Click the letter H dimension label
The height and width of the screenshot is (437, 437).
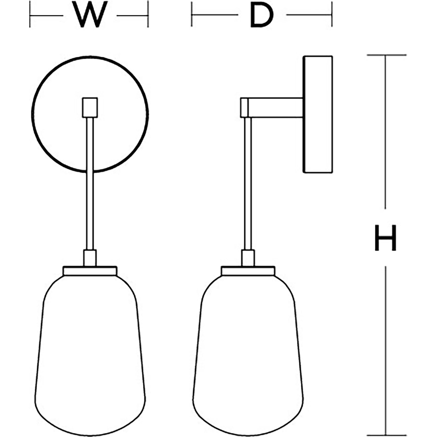385,238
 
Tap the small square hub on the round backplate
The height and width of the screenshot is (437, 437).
90,108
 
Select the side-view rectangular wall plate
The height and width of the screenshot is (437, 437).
318,114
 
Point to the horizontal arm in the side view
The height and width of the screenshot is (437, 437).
275,108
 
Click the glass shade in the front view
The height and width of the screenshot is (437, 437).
90,353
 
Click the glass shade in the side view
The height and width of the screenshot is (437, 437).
248,353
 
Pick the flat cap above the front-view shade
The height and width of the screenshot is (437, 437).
90,271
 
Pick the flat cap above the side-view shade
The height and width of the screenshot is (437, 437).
248,271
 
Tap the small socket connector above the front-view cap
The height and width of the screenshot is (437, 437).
90,258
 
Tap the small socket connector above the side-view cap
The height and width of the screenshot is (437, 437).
248,258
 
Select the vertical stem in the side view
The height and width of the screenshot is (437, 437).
248,184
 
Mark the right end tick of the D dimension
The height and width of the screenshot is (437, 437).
332,15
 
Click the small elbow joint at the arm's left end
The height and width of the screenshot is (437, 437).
244,108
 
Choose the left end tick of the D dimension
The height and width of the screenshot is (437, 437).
192,15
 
